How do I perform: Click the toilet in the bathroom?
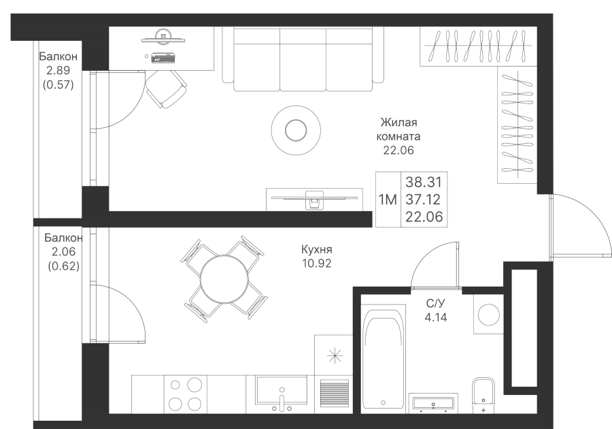[x=483, y=395]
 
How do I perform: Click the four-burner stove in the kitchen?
[x=185, y=394]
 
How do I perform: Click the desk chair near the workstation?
[x=165, y=89]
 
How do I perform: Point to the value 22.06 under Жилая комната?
[x=398, y=150]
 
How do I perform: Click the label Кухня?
[x=316, y=250]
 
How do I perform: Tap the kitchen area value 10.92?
[x=316, y=263]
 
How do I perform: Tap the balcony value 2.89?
[x=58, y=71]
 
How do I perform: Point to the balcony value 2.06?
[x=63, y=252]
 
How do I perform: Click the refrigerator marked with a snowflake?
[x=333, y=355]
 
